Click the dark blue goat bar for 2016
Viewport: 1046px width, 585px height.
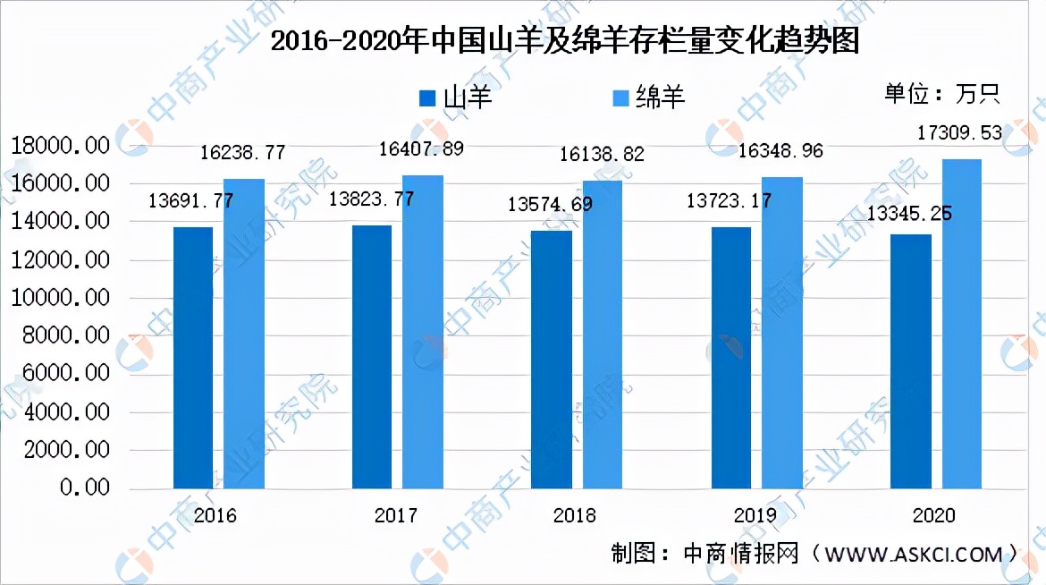tap(193, 358)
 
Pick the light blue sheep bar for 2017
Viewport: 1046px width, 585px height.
tap(423, 332)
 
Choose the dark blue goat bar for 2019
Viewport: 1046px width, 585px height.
tap(731, 358)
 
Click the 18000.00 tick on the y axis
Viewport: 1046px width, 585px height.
tap(60, 146)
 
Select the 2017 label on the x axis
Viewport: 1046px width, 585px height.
tap(396, 516)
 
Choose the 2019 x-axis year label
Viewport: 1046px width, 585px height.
tap(755, 516)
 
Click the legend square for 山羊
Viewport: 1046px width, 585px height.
tap(428, 97)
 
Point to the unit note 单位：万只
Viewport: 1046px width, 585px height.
tap(941, 94)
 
